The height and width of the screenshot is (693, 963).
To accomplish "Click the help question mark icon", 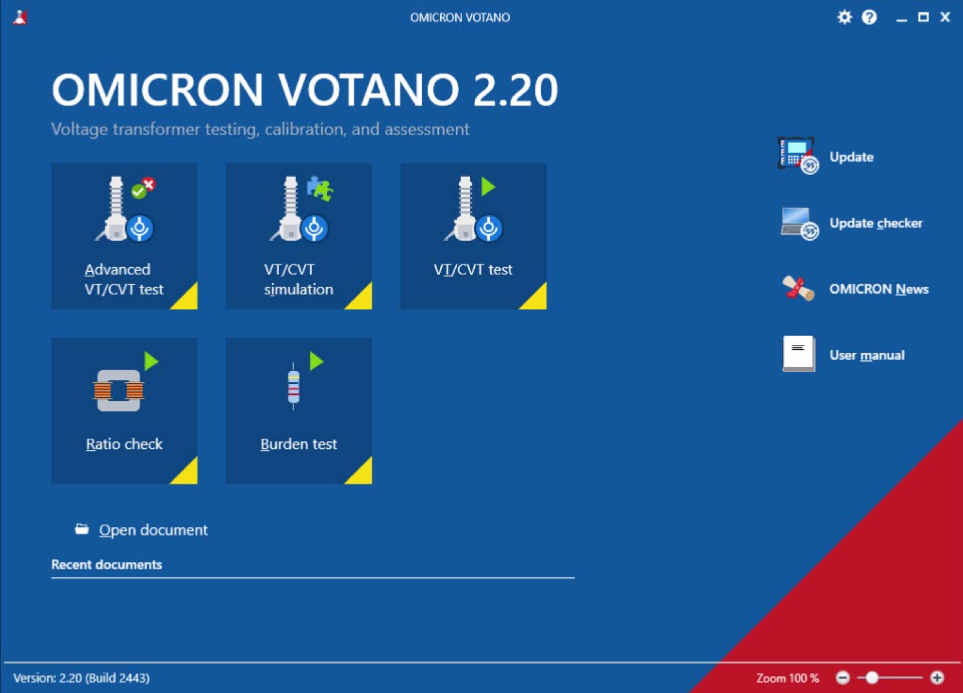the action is point(869,17).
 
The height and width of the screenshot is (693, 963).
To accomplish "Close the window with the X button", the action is point(945,17).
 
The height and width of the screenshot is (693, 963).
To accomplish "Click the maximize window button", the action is point(923,17).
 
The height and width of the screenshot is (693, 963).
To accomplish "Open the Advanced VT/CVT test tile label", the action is point(124,279).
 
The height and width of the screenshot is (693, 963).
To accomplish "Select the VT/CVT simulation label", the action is point(299,279).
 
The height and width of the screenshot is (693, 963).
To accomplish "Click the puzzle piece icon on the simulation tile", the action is point(320,188).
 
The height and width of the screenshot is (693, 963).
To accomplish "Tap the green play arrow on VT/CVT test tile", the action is point(488,187).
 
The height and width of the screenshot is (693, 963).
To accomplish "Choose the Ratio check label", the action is point(124,444).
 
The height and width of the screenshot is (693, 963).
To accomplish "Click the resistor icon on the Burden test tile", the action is point(293,386).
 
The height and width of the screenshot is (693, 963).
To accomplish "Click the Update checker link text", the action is point(876,223).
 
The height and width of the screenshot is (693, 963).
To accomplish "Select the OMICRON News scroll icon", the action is point(798,289).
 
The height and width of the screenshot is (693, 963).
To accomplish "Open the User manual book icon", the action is point(799,354).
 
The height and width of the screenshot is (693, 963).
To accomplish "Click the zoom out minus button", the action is point(843,678).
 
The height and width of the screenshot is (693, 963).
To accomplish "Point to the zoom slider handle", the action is point(872,678).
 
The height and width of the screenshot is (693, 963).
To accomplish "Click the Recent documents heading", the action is point(107,564).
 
